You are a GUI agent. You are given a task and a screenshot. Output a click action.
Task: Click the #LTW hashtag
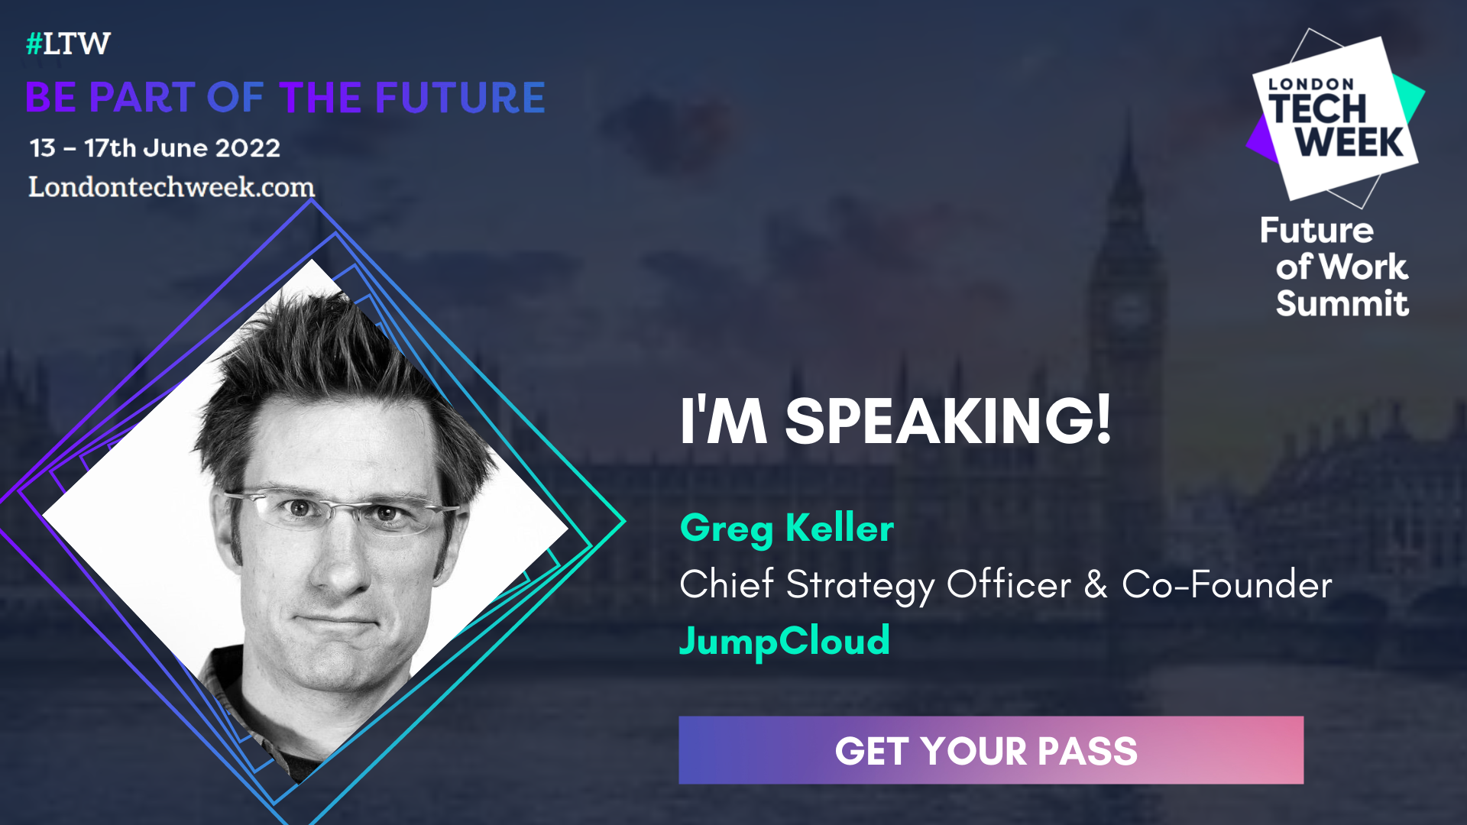coord(68,44)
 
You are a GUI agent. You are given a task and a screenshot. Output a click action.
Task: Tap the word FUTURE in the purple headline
coord(460,98)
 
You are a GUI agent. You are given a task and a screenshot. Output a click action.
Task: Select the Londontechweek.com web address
coord(171,187)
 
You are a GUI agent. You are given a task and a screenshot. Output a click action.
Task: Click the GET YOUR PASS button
coord(990,750)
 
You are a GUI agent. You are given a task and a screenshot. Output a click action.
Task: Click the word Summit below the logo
coord(1342,303)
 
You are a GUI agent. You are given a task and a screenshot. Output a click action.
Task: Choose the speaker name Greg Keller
coord(786,528)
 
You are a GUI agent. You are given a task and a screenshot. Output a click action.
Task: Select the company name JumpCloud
coord(785,640)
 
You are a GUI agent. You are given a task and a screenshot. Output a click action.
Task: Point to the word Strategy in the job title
coord(860,586)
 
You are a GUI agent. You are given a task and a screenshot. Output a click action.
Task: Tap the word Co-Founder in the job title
coord(1226,584)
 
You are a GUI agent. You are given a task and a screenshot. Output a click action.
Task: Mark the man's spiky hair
coord(329,359)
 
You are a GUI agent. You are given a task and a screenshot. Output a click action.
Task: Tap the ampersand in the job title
coord(1096,584)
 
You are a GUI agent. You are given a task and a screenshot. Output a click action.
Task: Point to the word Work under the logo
coord(1364,267)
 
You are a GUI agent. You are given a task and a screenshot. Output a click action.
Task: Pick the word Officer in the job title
coord(1009,584)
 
